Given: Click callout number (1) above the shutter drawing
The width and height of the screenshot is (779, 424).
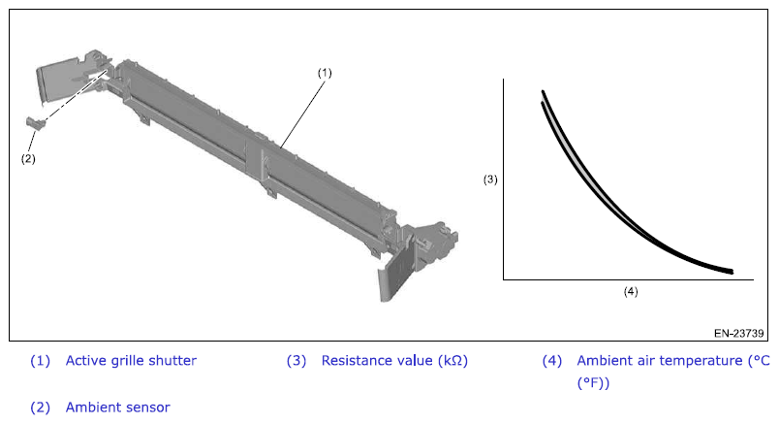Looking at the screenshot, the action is (x=325, y=73).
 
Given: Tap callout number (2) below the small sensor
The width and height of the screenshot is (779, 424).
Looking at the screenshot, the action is (x=28, y=159).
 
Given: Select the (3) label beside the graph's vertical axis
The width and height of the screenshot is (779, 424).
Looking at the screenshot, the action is (x=490, y=179).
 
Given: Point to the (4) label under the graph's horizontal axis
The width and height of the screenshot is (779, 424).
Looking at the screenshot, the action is (x=631, y=291).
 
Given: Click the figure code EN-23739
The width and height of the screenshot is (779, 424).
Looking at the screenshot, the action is (x=738, y=333).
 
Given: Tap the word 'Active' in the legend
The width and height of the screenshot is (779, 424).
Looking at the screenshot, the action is (x=86, y=360).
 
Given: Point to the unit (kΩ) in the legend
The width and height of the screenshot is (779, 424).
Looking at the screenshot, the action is (x=452, y=361).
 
